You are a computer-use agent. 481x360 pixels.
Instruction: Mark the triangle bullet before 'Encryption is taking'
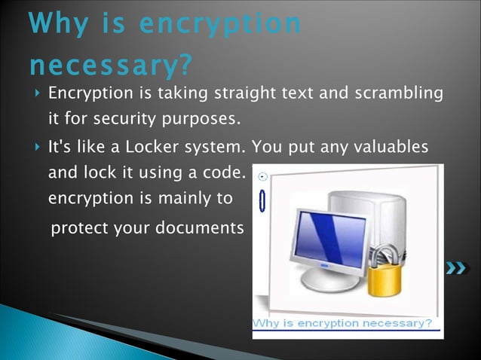tap(37, 95)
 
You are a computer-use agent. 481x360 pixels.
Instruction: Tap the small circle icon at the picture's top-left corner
tap(262, 177)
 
